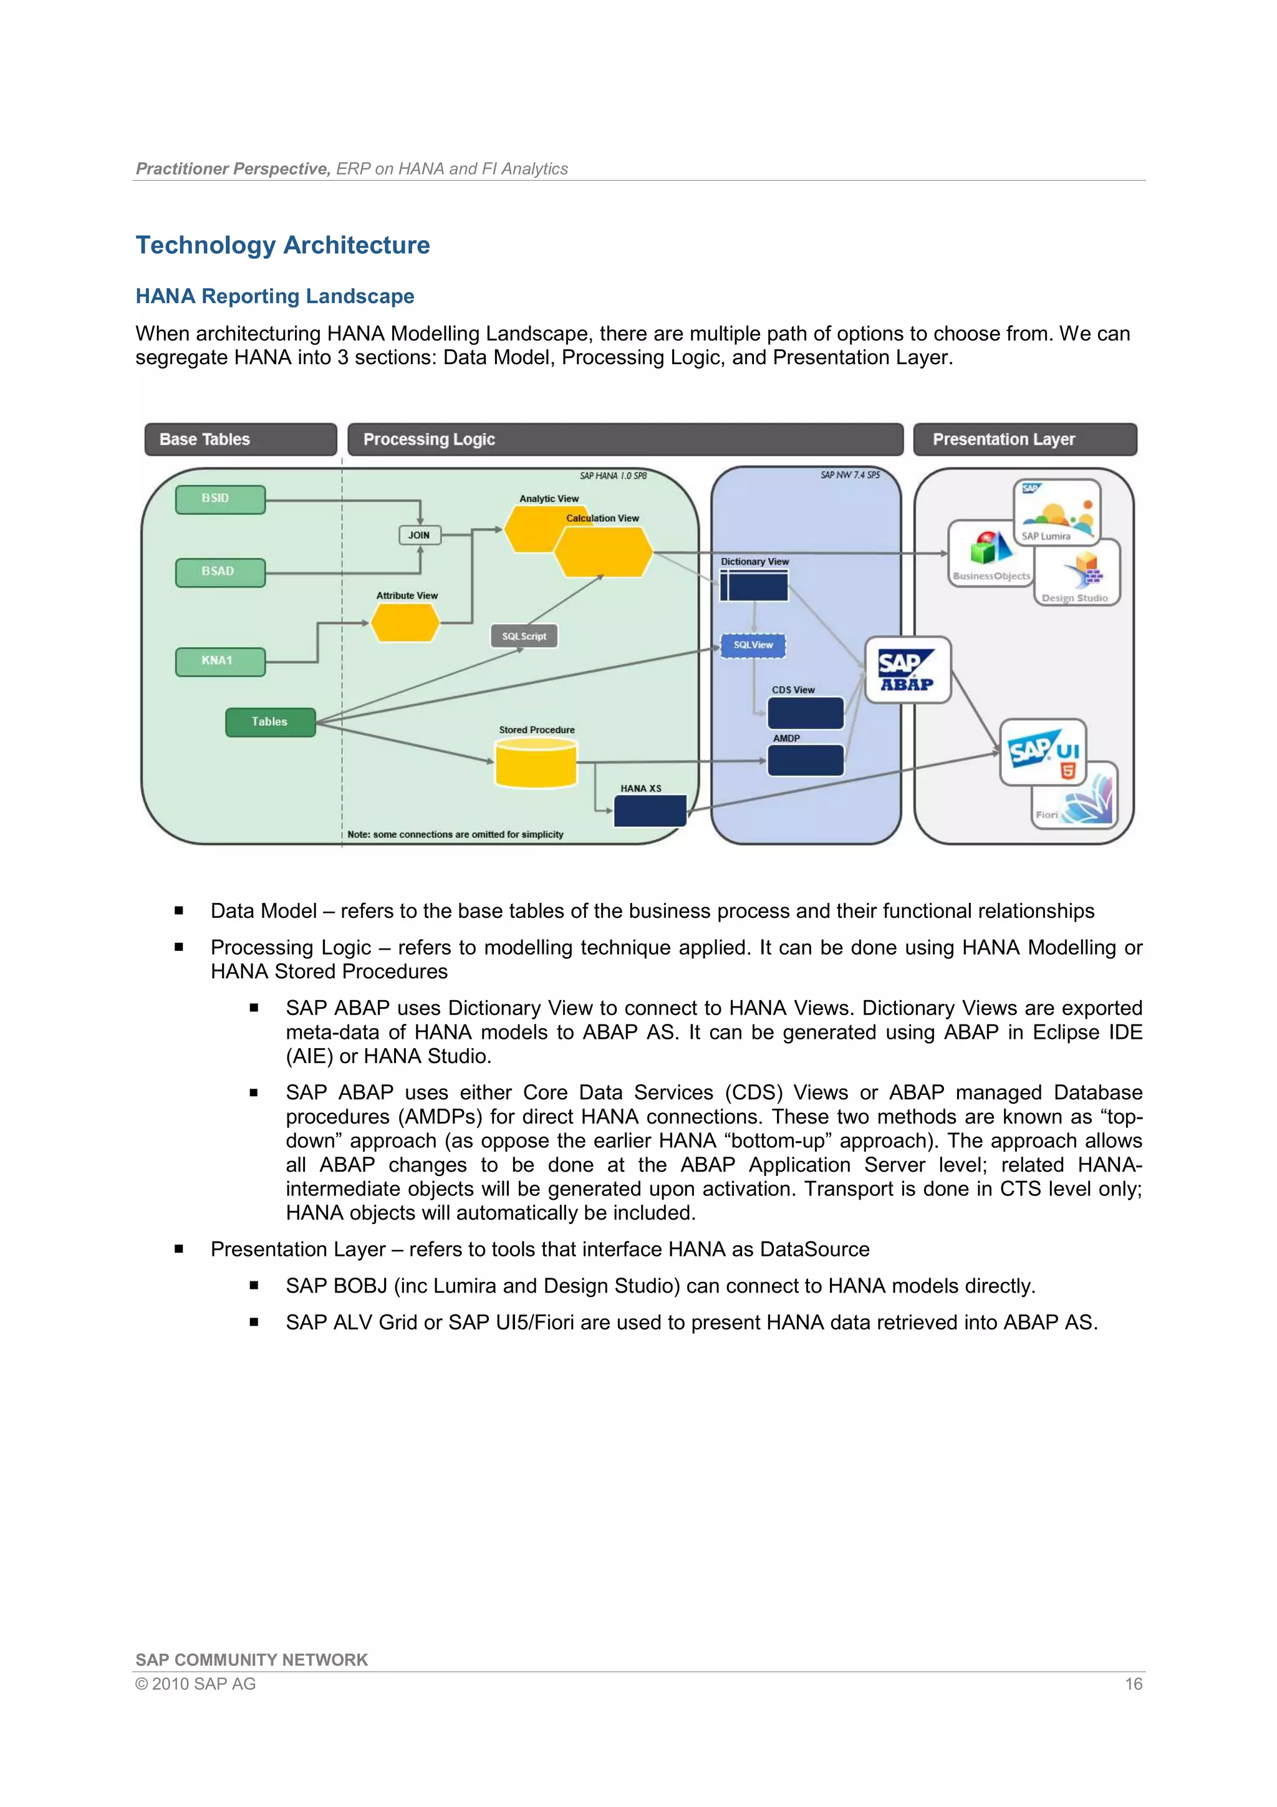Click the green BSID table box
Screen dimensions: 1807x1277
[x=220, y=499]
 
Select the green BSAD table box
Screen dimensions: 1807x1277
[x=220, y=572]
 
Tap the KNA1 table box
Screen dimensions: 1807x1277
[x=220, y=661]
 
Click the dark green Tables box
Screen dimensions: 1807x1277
[x=270, y=721]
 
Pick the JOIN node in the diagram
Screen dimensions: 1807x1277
[x=420, y=535]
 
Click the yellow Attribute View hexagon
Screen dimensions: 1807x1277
[x=405, y=624]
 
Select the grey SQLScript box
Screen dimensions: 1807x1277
[x=524, y=636]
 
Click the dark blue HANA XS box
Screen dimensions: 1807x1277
[x=650, y=811]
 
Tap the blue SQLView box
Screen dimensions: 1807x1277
[x=753, y=645]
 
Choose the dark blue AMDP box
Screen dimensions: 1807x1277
[x=805, y=760]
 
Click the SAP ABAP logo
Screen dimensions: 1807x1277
[x=908, y=670]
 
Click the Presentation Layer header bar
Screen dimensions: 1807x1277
[x=1024, y=439]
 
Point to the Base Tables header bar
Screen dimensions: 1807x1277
[x=240, y=439]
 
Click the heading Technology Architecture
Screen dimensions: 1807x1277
[x=282, y=245]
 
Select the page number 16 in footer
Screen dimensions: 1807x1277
[x=1133, y=1684]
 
